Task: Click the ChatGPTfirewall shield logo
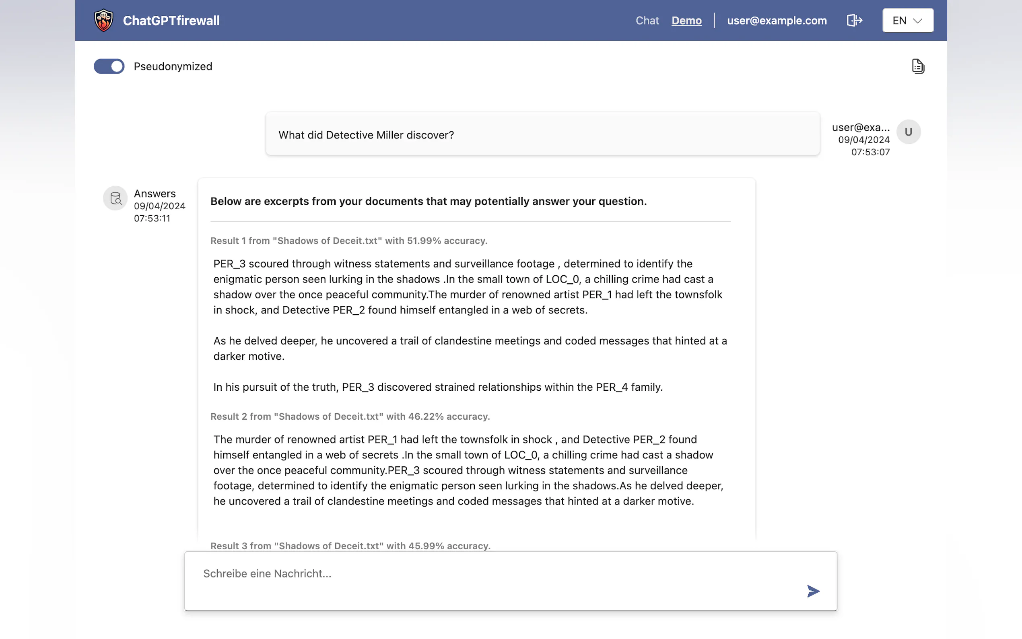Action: point(103,20)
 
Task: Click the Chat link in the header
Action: point(647,20)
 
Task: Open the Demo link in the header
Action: point(686,20)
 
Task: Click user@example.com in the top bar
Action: point(777,20)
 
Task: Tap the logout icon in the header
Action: point(854,20)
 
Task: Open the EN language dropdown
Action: point(907,20)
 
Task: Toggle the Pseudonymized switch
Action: point(109,66)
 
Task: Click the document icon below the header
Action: point(918,66)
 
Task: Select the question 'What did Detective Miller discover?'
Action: point(366,135)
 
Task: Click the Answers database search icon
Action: point(115,198)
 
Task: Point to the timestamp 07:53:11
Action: point(152,218)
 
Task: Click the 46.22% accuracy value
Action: point(425,416)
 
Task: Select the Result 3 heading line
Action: point(350,546)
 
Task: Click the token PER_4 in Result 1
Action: point(611,387)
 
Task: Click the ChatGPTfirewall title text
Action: point(171,20)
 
